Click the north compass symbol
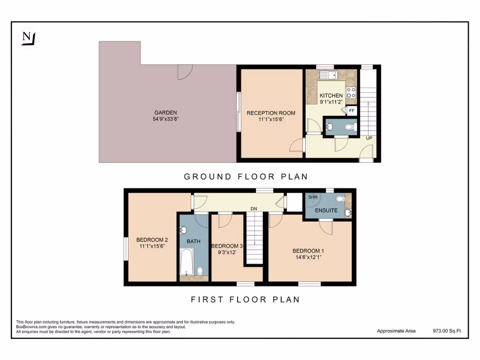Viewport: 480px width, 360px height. pos(29,38)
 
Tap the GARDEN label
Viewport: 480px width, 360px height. pos(166,112)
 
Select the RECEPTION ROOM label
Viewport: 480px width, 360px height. pos(271,113)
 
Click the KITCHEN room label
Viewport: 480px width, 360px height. pos(331,96)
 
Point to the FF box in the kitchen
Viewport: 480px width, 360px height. pos(352,110)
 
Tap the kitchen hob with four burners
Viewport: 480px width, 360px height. pos(351,92)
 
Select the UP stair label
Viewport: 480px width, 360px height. pos(369,138)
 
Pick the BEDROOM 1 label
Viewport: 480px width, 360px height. pos(307,251)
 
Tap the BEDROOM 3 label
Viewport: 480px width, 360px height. pos(227,246)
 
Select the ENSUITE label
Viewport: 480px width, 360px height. pos(326,210)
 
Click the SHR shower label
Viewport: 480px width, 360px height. pos(312,197)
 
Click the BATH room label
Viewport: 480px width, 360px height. pos(193,241)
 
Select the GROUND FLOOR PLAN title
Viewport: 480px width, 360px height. pos(246,177)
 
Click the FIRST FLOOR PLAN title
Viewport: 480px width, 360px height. pos(245,299)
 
